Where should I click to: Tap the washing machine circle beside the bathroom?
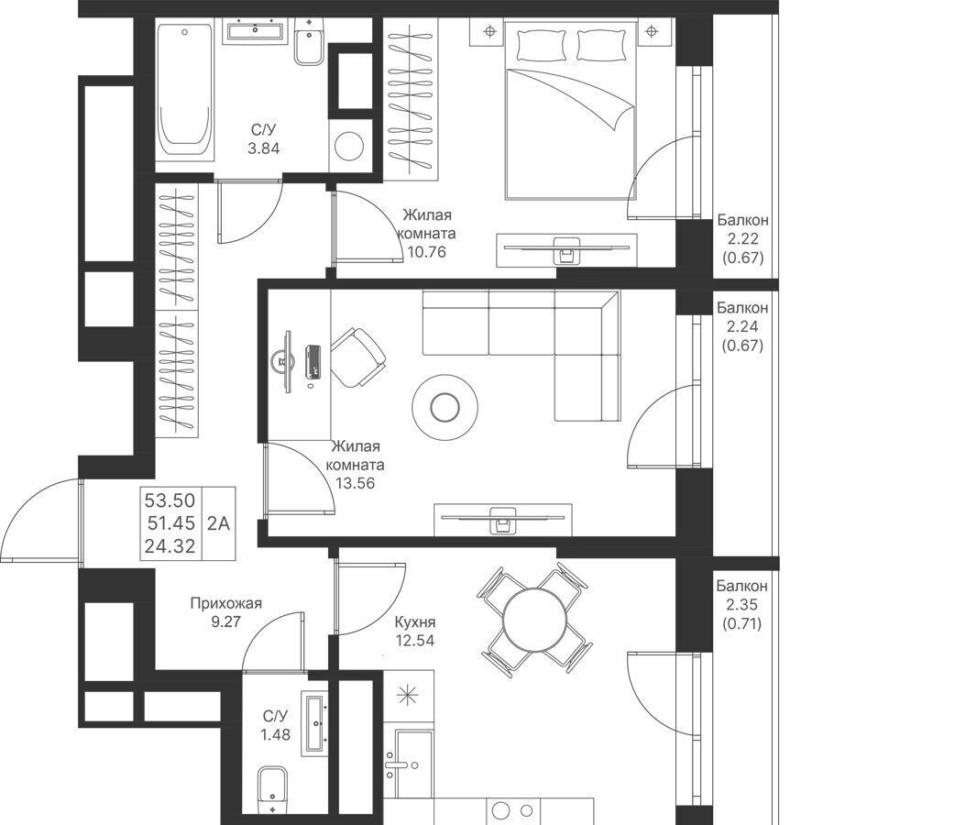350,146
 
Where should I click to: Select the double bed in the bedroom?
570,109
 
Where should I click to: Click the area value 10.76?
426,252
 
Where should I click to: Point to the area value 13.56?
356,484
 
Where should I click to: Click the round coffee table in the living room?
444,407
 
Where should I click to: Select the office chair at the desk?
357,358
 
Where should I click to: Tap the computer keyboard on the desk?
313,362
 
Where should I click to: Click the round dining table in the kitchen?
534,620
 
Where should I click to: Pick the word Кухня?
415,622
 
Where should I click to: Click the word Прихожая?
226,603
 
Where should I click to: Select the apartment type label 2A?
218,523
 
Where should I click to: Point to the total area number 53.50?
170,500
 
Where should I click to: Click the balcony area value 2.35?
741,604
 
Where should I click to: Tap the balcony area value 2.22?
742,239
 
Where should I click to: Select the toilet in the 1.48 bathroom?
272,788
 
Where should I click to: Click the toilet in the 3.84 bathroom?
309,40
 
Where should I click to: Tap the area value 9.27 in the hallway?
226,621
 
